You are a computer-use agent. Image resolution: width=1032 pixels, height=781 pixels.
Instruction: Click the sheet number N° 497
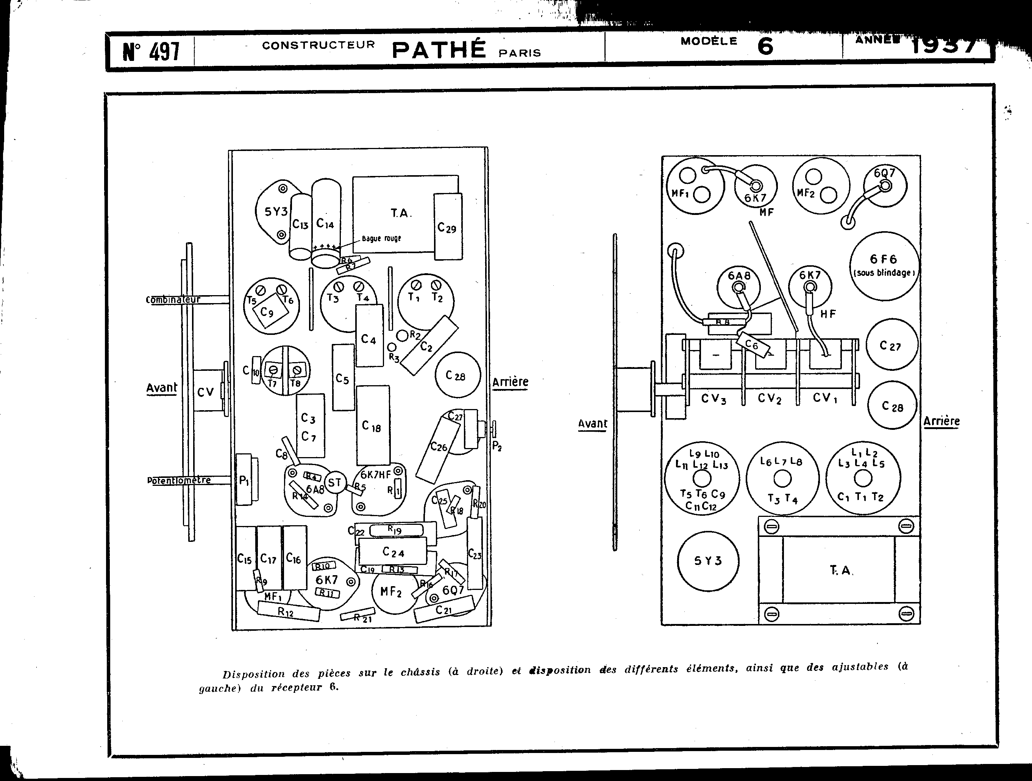151,52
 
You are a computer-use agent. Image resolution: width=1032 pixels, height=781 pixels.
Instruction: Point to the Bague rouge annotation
381,239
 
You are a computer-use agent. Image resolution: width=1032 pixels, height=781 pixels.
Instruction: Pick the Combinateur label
173,299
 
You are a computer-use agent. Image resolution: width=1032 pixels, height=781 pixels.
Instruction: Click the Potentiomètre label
179,480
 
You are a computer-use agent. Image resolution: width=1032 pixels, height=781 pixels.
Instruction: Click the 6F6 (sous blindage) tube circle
884,266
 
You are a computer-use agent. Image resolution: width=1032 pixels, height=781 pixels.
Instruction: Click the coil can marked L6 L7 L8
782,478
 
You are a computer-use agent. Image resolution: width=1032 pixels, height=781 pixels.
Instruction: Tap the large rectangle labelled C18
372,425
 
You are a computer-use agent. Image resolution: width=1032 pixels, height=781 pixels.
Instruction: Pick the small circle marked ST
334,482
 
